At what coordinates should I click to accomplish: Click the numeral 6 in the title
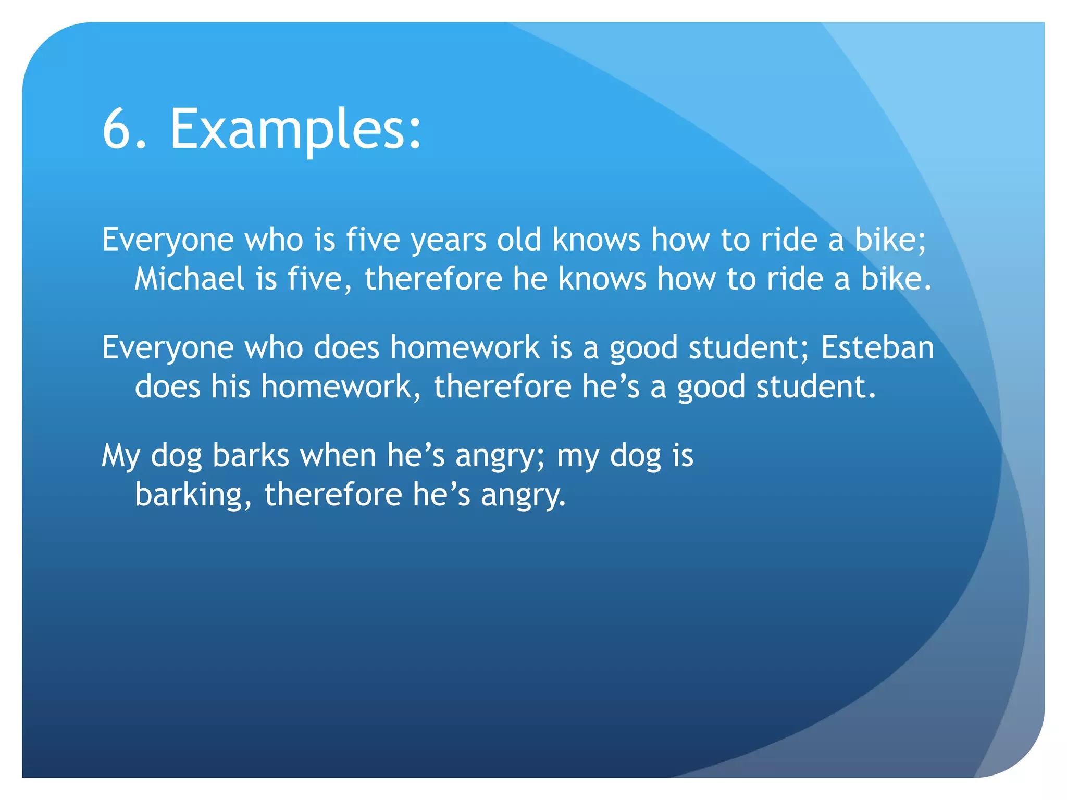click(118, 129)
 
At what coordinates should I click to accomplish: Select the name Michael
click(189, 279)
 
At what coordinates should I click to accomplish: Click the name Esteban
click(877, 347)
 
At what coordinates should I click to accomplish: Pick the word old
click(519, 240)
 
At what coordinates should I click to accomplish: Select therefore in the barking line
click(333, 494)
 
